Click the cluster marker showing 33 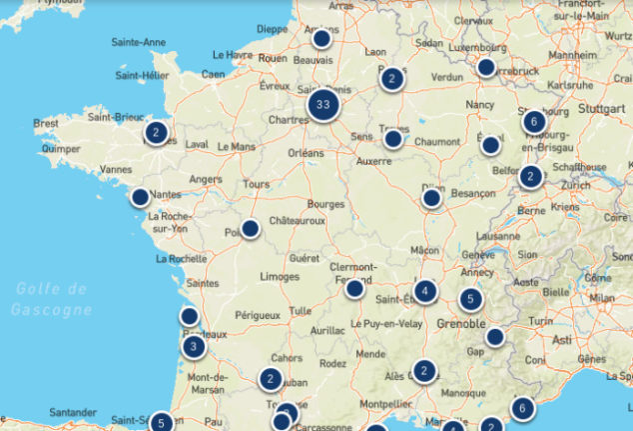321,104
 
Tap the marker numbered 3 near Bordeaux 194,347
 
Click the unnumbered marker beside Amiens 321,39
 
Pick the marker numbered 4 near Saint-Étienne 426,292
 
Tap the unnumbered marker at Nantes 141,197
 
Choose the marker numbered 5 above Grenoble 470,298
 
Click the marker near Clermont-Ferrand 354,288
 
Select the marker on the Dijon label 431,198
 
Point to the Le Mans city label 237,146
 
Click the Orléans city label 306,153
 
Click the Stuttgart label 599,109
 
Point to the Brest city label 46,124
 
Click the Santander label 73,411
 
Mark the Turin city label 540,321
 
